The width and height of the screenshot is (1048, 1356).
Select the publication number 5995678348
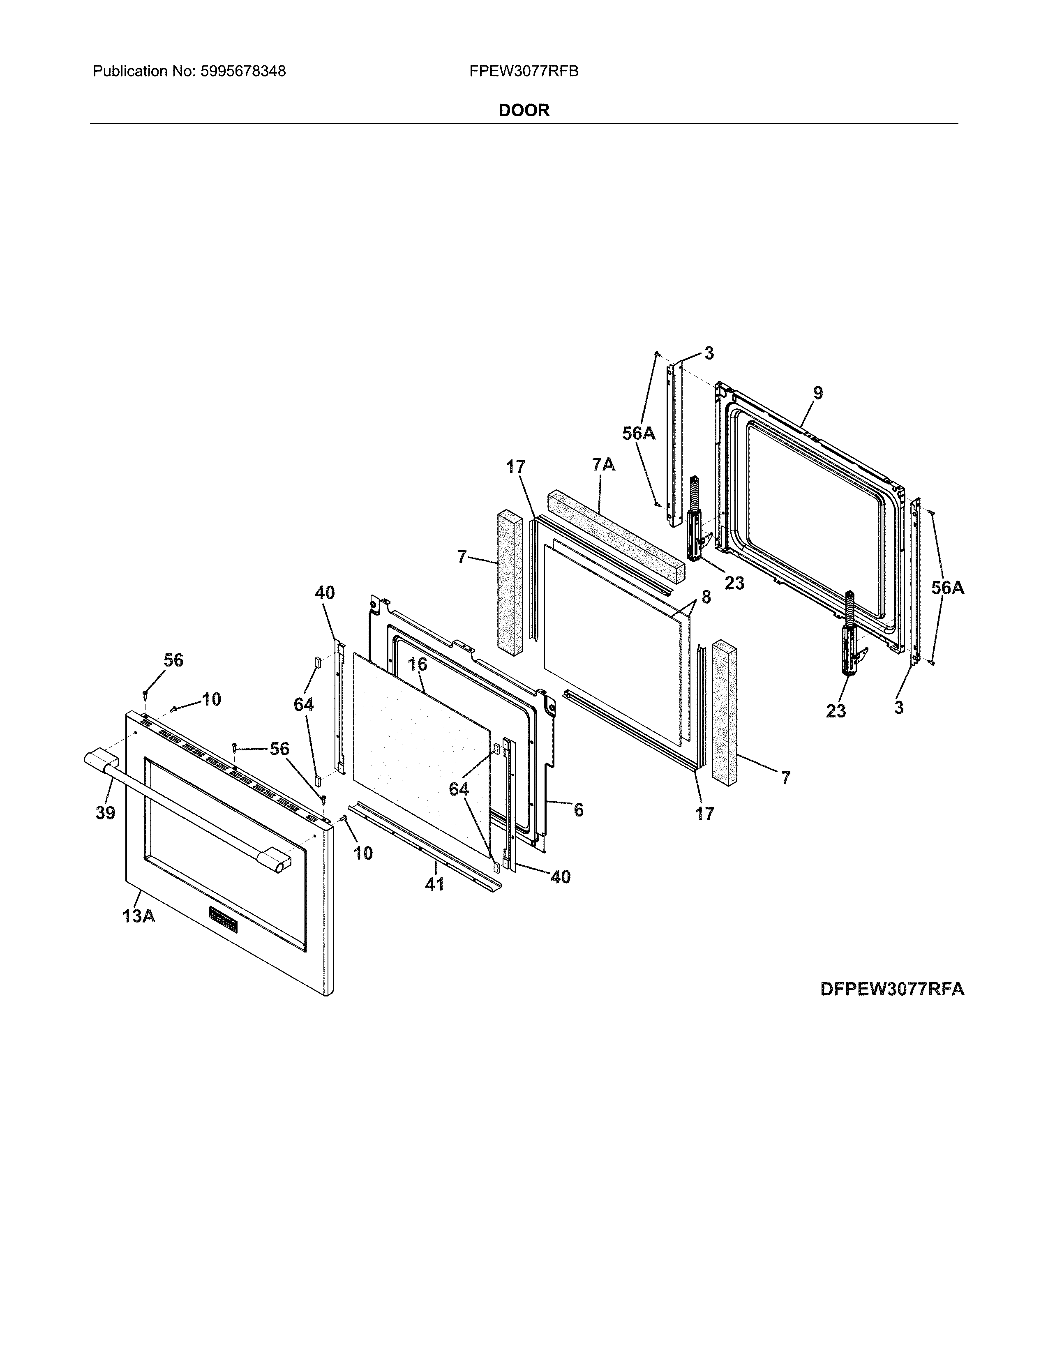pos(243,71)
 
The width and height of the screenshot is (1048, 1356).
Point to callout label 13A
pos(139,916)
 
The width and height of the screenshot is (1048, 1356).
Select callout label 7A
pos(603,464)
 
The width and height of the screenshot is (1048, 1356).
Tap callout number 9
pos(818,393)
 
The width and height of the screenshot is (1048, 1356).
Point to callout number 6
pos(578,809)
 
